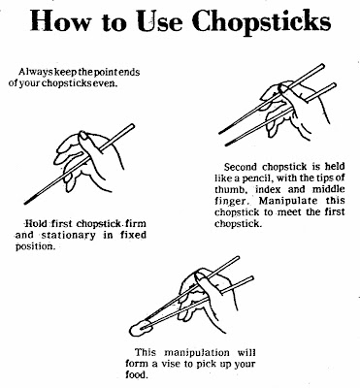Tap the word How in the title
coord(60,20)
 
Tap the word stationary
coord(69,235)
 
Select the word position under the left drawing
coord(35,246)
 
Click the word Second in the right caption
coord(241,167)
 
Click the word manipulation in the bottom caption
coord(197,352)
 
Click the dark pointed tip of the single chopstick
coord(28,201)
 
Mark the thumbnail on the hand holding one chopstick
coord(84,136)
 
